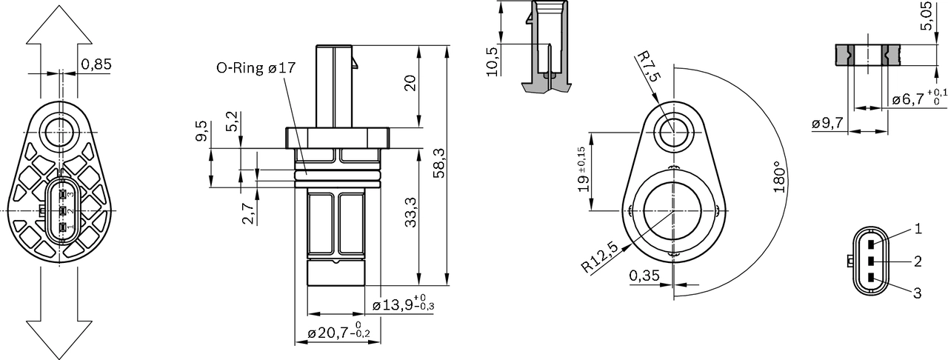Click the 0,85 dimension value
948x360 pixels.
(96, 64)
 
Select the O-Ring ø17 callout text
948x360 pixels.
(256, 68)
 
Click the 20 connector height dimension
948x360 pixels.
(410, 82)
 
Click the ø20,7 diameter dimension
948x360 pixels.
(333, 335)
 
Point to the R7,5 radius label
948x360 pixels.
(647, 67)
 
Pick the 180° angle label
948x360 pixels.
(778, 177)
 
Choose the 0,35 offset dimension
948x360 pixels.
(644, 276)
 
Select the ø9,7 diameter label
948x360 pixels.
(827, 124)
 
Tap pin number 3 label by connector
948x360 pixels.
(917, 293)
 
